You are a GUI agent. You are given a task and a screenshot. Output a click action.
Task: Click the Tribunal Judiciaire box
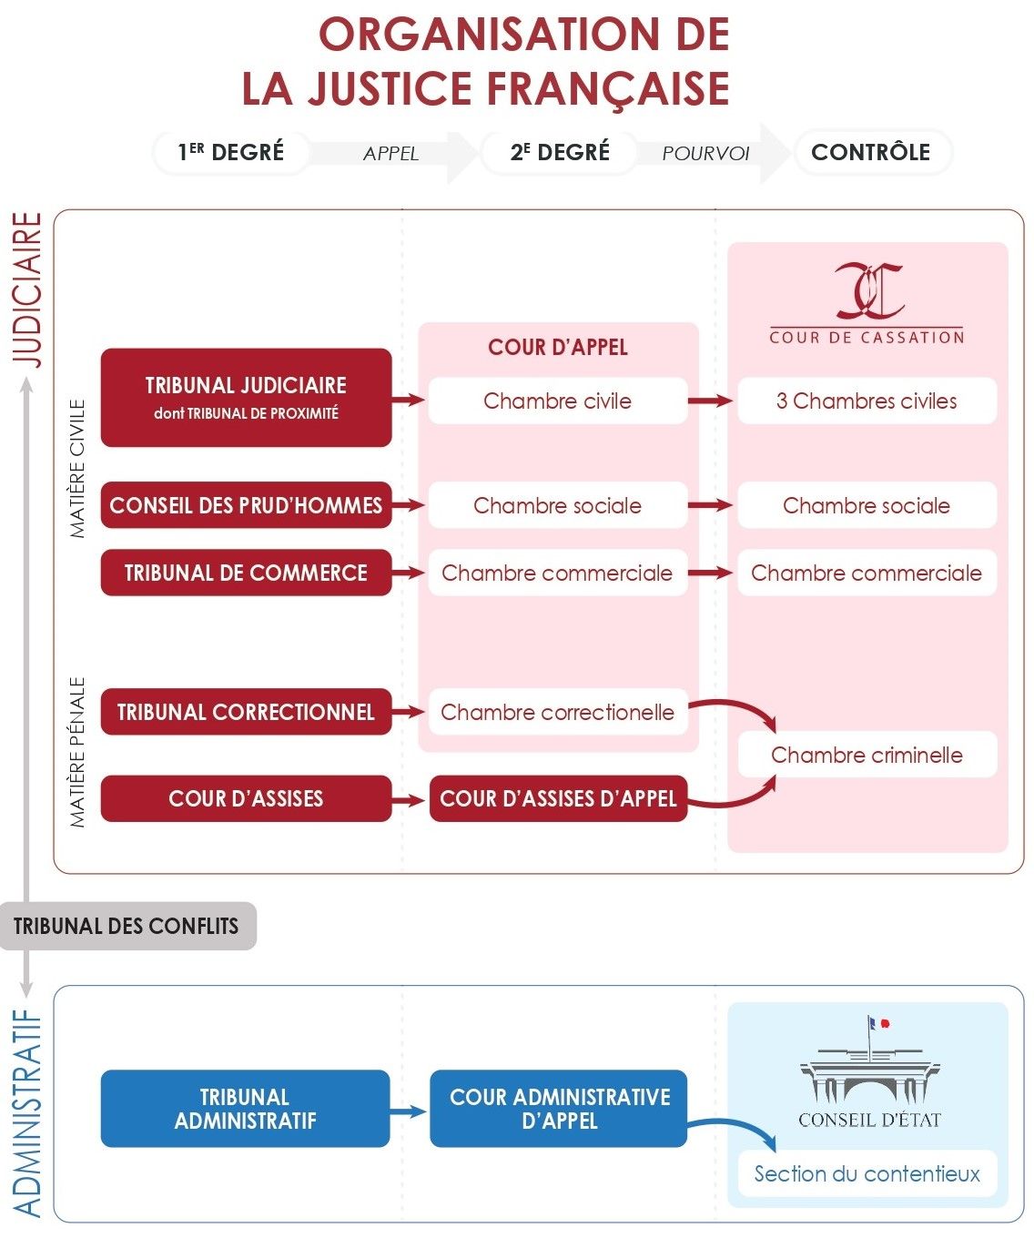(246, 397)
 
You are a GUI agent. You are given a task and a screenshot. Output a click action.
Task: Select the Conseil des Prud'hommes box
(246, 505)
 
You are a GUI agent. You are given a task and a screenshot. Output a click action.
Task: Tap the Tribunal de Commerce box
(246, 573)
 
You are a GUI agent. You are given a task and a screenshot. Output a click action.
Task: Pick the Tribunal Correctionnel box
(246, 712)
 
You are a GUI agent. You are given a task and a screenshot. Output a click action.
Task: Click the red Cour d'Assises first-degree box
(246, 798)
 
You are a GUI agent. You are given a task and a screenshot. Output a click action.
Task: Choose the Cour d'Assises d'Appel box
(558, 798)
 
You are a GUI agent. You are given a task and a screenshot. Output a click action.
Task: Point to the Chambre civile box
(557, 401)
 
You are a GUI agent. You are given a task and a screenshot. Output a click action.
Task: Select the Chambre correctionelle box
(557, 712)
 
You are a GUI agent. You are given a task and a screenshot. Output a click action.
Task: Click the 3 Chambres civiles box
(867, 401)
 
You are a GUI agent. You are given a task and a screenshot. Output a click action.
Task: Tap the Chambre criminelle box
(867, 755)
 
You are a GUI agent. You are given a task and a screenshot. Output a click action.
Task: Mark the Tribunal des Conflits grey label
(127, 927)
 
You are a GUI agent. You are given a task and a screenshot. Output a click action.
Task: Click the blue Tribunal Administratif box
(245, 1108)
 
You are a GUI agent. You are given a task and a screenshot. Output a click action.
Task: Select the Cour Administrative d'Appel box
(559, 1108)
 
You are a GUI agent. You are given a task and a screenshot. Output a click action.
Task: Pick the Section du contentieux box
(867, 1173)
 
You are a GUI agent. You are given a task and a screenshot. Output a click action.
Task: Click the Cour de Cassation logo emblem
(868, 289)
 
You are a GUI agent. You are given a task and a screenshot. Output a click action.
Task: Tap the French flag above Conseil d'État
(878, 1023)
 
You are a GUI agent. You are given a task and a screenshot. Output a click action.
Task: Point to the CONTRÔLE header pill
(871, 152)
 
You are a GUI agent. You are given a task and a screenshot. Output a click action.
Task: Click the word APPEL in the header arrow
(390, 154)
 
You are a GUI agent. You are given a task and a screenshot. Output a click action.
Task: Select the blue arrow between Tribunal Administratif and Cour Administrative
(409, 1111)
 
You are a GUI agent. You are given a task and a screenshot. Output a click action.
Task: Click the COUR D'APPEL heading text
(558, 347)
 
